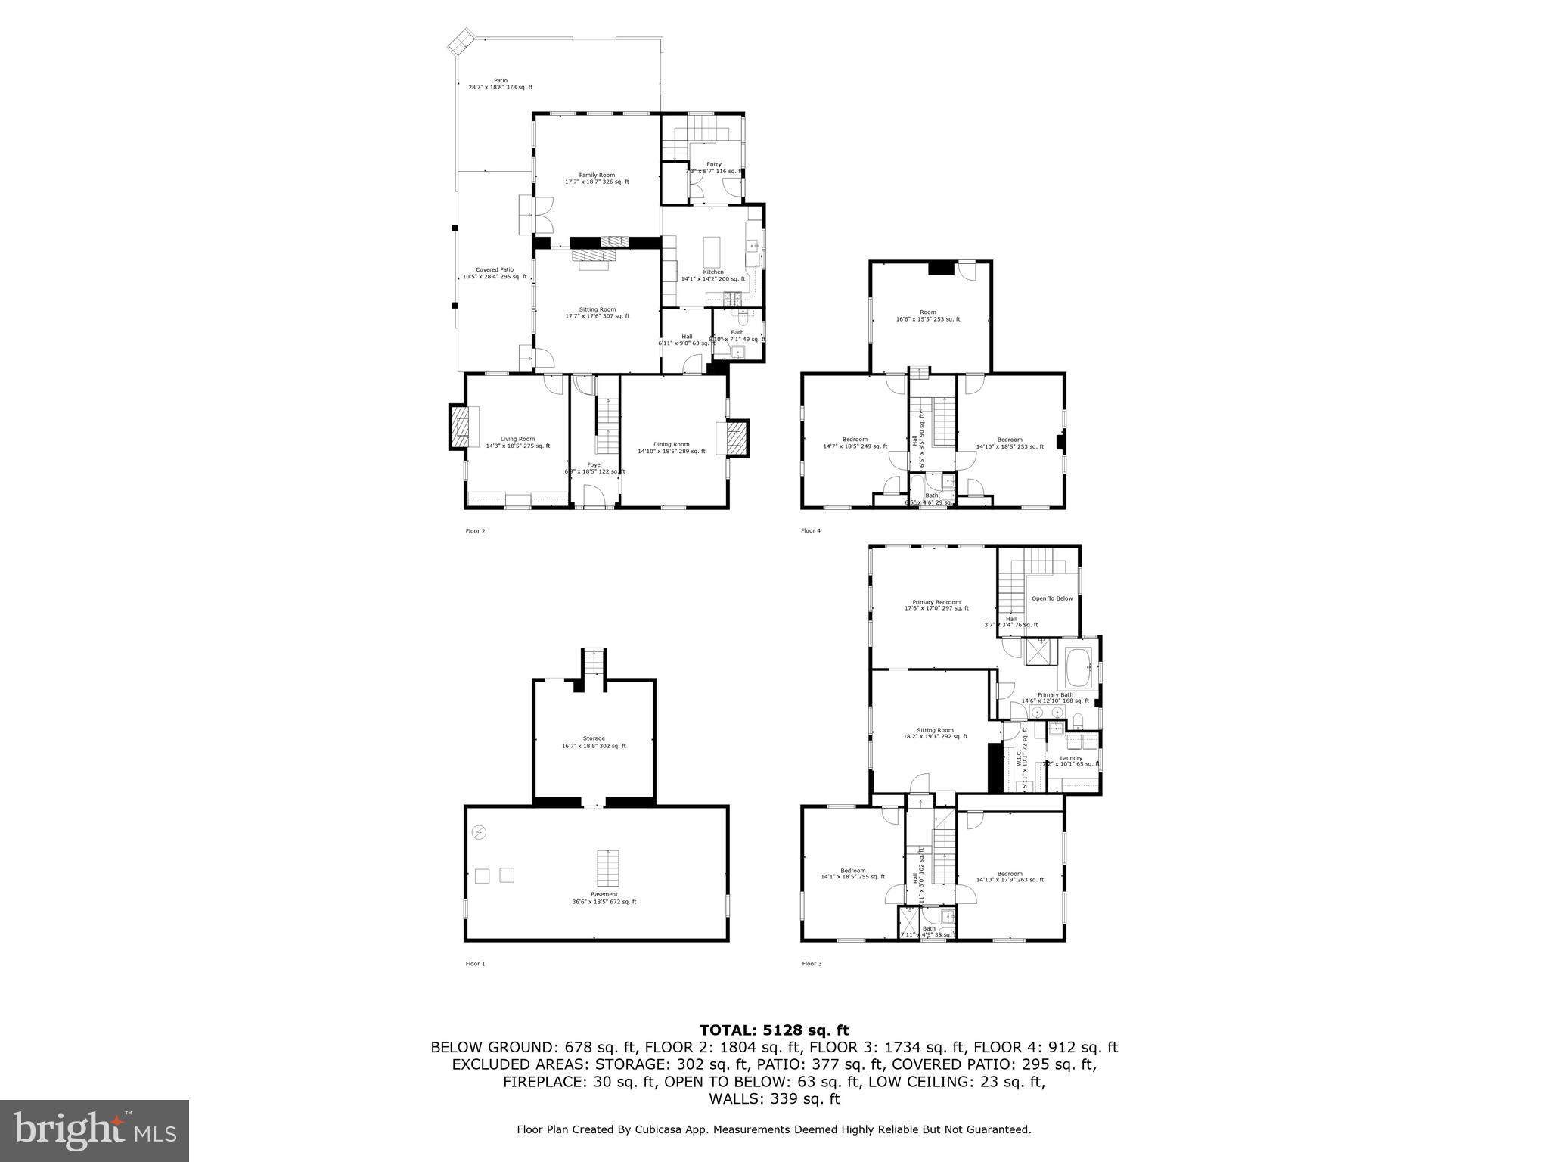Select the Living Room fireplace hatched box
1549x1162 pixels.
[460, 428]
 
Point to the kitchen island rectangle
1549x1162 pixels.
[712, 250]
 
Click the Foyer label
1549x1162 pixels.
[595, 465]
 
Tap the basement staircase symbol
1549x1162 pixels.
[608, 868]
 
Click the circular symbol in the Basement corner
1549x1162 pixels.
[479, 833]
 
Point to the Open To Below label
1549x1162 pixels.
[1052, 598]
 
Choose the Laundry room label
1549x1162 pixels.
[1071, 758]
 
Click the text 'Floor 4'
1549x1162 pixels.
[811, 531]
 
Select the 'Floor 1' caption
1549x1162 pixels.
[475, 964]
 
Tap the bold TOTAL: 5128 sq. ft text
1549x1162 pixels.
[774, 1030]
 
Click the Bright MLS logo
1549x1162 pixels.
[95, 1131]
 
